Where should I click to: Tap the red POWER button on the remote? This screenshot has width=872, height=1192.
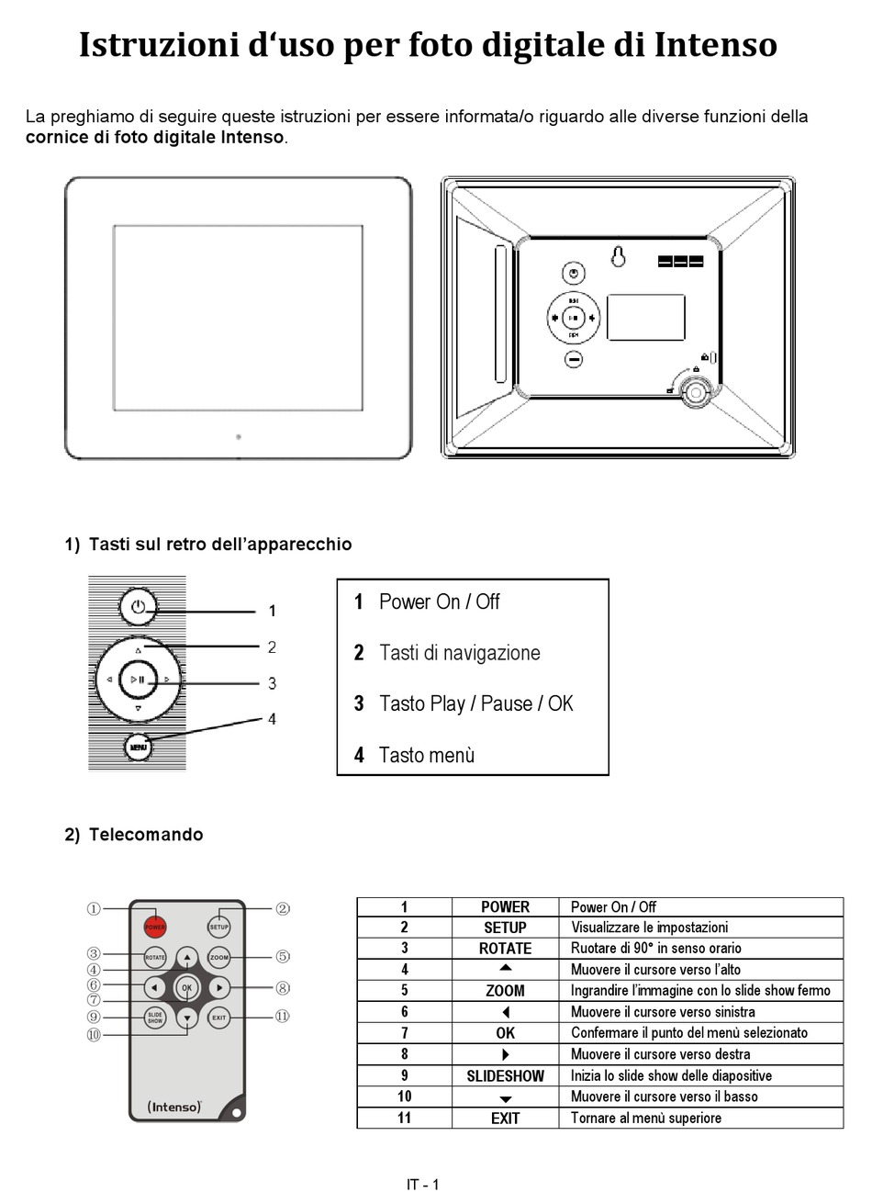155,927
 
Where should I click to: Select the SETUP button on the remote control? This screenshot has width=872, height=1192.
218,927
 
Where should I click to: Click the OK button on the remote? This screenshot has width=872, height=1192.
187,988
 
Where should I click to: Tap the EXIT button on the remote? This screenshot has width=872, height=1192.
218,1018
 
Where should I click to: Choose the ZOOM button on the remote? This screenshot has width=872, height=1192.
218,958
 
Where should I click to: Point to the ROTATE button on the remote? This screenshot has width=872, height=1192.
155,958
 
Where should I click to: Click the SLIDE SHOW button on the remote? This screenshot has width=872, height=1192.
155,1018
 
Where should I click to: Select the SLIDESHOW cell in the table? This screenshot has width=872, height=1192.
505,1075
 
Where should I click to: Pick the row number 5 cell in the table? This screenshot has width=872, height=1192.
404,991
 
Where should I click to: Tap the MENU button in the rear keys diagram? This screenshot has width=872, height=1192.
138,747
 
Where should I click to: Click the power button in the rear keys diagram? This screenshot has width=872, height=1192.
138,606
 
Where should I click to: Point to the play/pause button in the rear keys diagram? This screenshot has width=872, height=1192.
139,680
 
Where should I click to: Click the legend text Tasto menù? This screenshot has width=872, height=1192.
427,755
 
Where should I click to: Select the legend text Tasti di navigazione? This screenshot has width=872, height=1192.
459,653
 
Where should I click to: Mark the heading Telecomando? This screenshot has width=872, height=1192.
145,835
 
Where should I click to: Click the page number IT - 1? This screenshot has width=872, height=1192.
423,1184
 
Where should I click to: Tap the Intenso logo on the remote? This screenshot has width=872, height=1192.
173,1107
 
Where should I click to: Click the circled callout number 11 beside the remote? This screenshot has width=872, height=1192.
283,1017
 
